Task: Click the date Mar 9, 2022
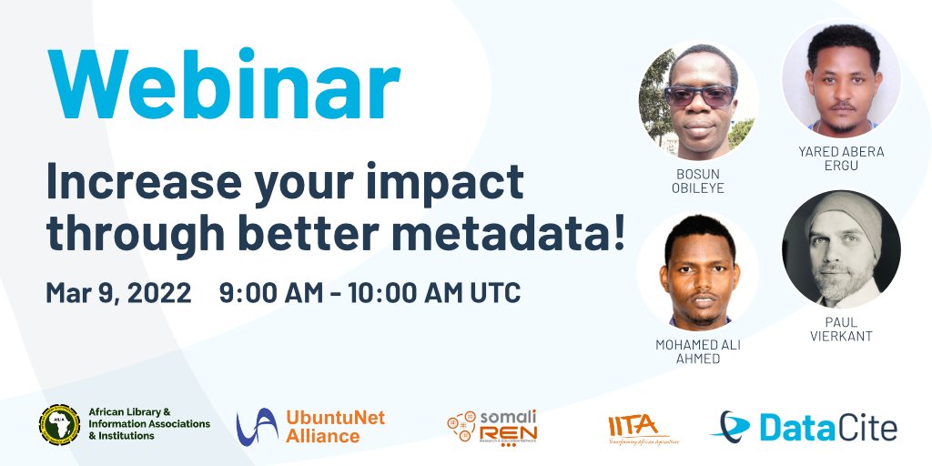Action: (118, 293)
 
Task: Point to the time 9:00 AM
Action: (271, 293)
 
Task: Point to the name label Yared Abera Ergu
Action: (841, 158)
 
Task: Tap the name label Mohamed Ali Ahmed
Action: (699, 351)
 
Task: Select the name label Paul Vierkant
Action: (841, 329)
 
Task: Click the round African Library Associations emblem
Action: (59, 424)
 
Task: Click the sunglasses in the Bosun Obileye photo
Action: (699, 96)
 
